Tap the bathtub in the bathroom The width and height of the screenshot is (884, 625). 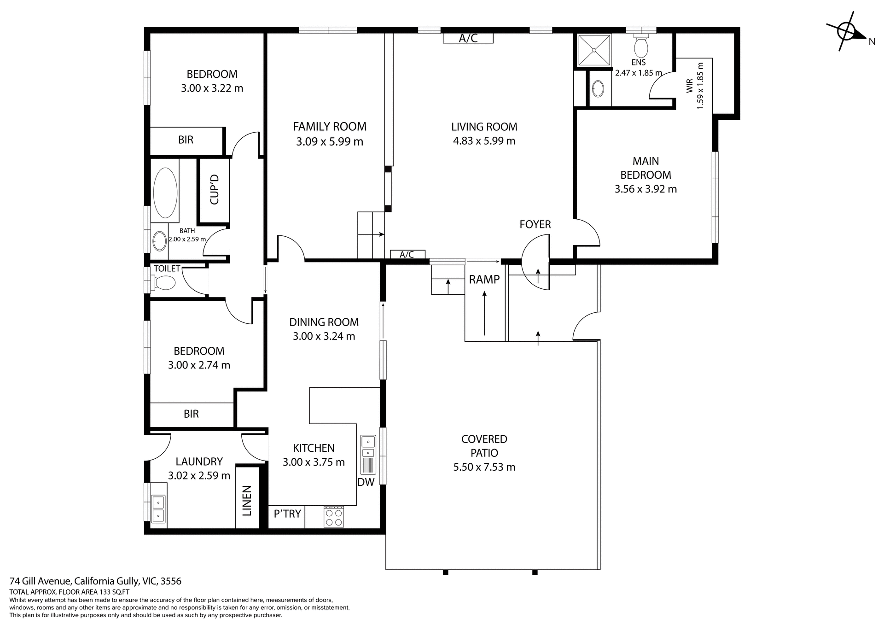coord(165,193)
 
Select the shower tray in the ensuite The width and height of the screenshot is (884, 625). coord(594,50)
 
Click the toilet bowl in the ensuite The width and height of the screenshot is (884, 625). coord(641,46)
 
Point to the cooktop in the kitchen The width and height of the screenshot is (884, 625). coord(334,516)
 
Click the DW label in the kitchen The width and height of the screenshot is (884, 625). coord(366,482)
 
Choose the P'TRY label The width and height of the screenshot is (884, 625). coord(287,514)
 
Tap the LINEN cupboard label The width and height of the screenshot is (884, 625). coord(247,501)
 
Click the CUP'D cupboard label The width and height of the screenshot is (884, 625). coord(214,190)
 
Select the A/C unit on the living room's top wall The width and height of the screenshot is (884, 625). coord(468,38)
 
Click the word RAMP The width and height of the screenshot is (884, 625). coord(484,280)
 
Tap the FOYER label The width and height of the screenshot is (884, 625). coord(535,224)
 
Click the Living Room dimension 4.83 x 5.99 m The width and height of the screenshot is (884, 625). coord(484,141)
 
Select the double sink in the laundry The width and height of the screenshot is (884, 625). coord(158,508)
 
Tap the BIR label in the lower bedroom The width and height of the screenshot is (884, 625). coord(191,414)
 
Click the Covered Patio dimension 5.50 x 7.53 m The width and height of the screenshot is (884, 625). coord(484,467)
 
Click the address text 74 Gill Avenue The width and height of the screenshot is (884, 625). coord(96,581)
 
